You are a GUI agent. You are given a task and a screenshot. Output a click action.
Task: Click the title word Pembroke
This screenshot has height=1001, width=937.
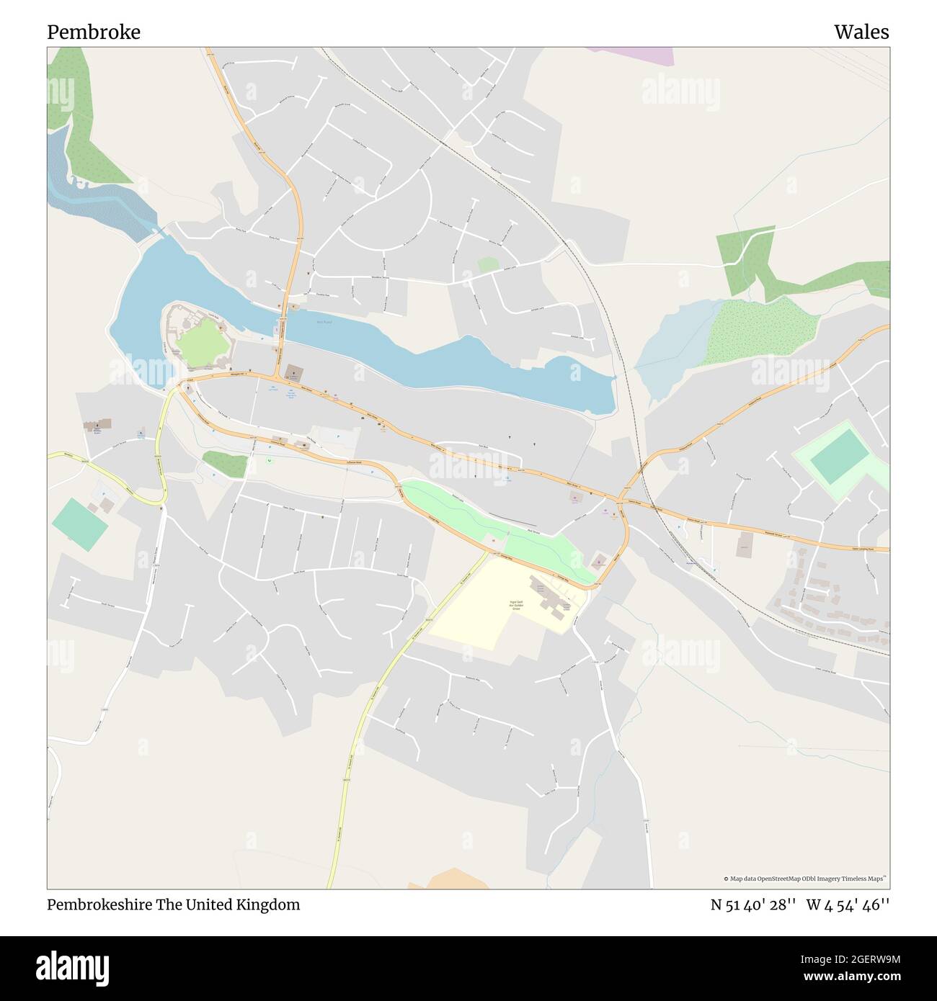pos(94,32)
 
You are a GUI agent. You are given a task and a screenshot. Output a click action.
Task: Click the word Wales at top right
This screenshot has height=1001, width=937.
pos(861,32)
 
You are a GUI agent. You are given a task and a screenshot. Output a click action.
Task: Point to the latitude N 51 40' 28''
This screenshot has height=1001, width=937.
pos(753,905)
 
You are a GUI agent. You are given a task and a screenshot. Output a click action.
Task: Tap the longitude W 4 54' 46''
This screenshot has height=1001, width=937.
pos(848,905)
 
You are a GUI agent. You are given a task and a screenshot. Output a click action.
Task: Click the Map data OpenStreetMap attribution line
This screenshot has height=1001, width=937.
pos(805,879)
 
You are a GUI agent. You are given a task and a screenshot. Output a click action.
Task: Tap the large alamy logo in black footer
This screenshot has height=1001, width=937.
pos(73,967)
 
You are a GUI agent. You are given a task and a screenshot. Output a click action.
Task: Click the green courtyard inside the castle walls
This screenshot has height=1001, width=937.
pos(204,344)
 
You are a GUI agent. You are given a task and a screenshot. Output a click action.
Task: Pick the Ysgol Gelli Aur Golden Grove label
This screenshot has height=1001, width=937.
pos(515,605)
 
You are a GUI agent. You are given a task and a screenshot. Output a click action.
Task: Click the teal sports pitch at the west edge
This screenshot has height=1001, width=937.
pos(79,524)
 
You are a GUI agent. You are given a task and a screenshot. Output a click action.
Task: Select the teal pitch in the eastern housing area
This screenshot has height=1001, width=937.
pos(839,457)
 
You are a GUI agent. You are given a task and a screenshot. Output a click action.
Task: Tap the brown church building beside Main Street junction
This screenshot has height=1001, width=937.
pos(294,372)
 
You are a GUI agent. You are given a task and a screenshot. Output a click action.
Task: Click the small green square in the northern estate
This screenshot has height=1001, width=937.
pos(488,265)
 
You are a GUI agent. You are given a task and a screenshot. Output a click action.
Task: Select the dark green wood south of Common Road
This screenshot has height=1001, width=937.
pos(224,464)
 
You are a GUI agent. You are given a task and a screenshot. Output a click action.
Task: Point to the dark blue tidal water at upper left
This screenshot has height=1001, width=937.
pos(94,198)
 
